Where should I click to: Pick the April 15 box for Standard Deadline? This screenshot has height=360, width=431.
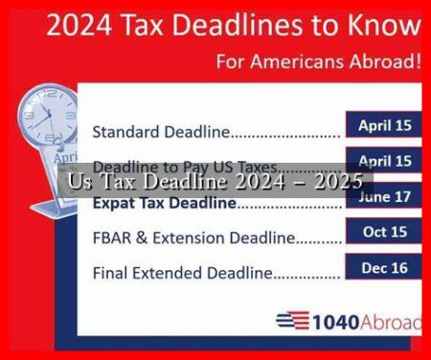(x=384, y=124)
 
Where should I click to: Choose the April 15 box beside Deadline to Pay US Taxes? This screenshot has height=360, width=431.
(x=384, y=161)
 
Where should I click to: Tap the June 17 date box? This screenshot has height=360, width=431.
(x=384, y=196)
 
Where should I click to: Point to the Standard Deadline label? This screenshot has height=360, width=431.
(x=153, y=129)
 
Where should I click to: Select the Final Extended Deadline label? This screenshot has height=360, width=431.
(x=182, y=273)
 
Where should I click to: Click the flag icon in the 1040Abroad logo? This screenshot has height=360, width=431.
(x=291, y=323)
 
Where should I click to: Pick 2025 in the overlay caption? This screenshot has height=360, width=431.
(x=337, y=181)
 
